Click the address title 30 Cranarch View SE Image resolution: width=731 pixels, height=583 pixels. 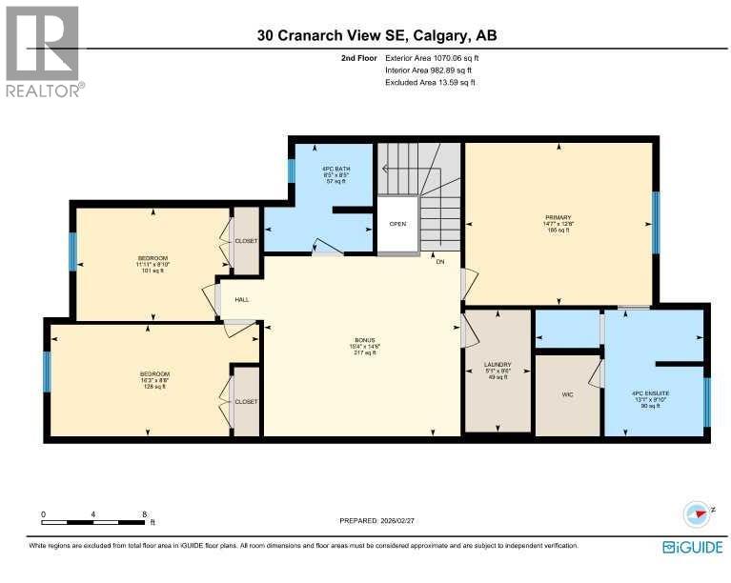(x=376, y=36)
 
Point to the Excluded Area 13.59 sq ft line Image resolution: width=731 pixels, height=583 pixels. (x=429, y=83)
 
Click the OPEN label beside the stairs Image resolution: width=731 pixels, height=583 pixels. (x=397, y=226)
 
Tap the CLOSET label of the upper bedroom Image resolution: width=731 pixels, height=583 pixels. (x=246, y=241)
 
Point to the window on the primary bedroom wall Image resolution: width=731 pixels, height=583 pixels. (x=655, y=223)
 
